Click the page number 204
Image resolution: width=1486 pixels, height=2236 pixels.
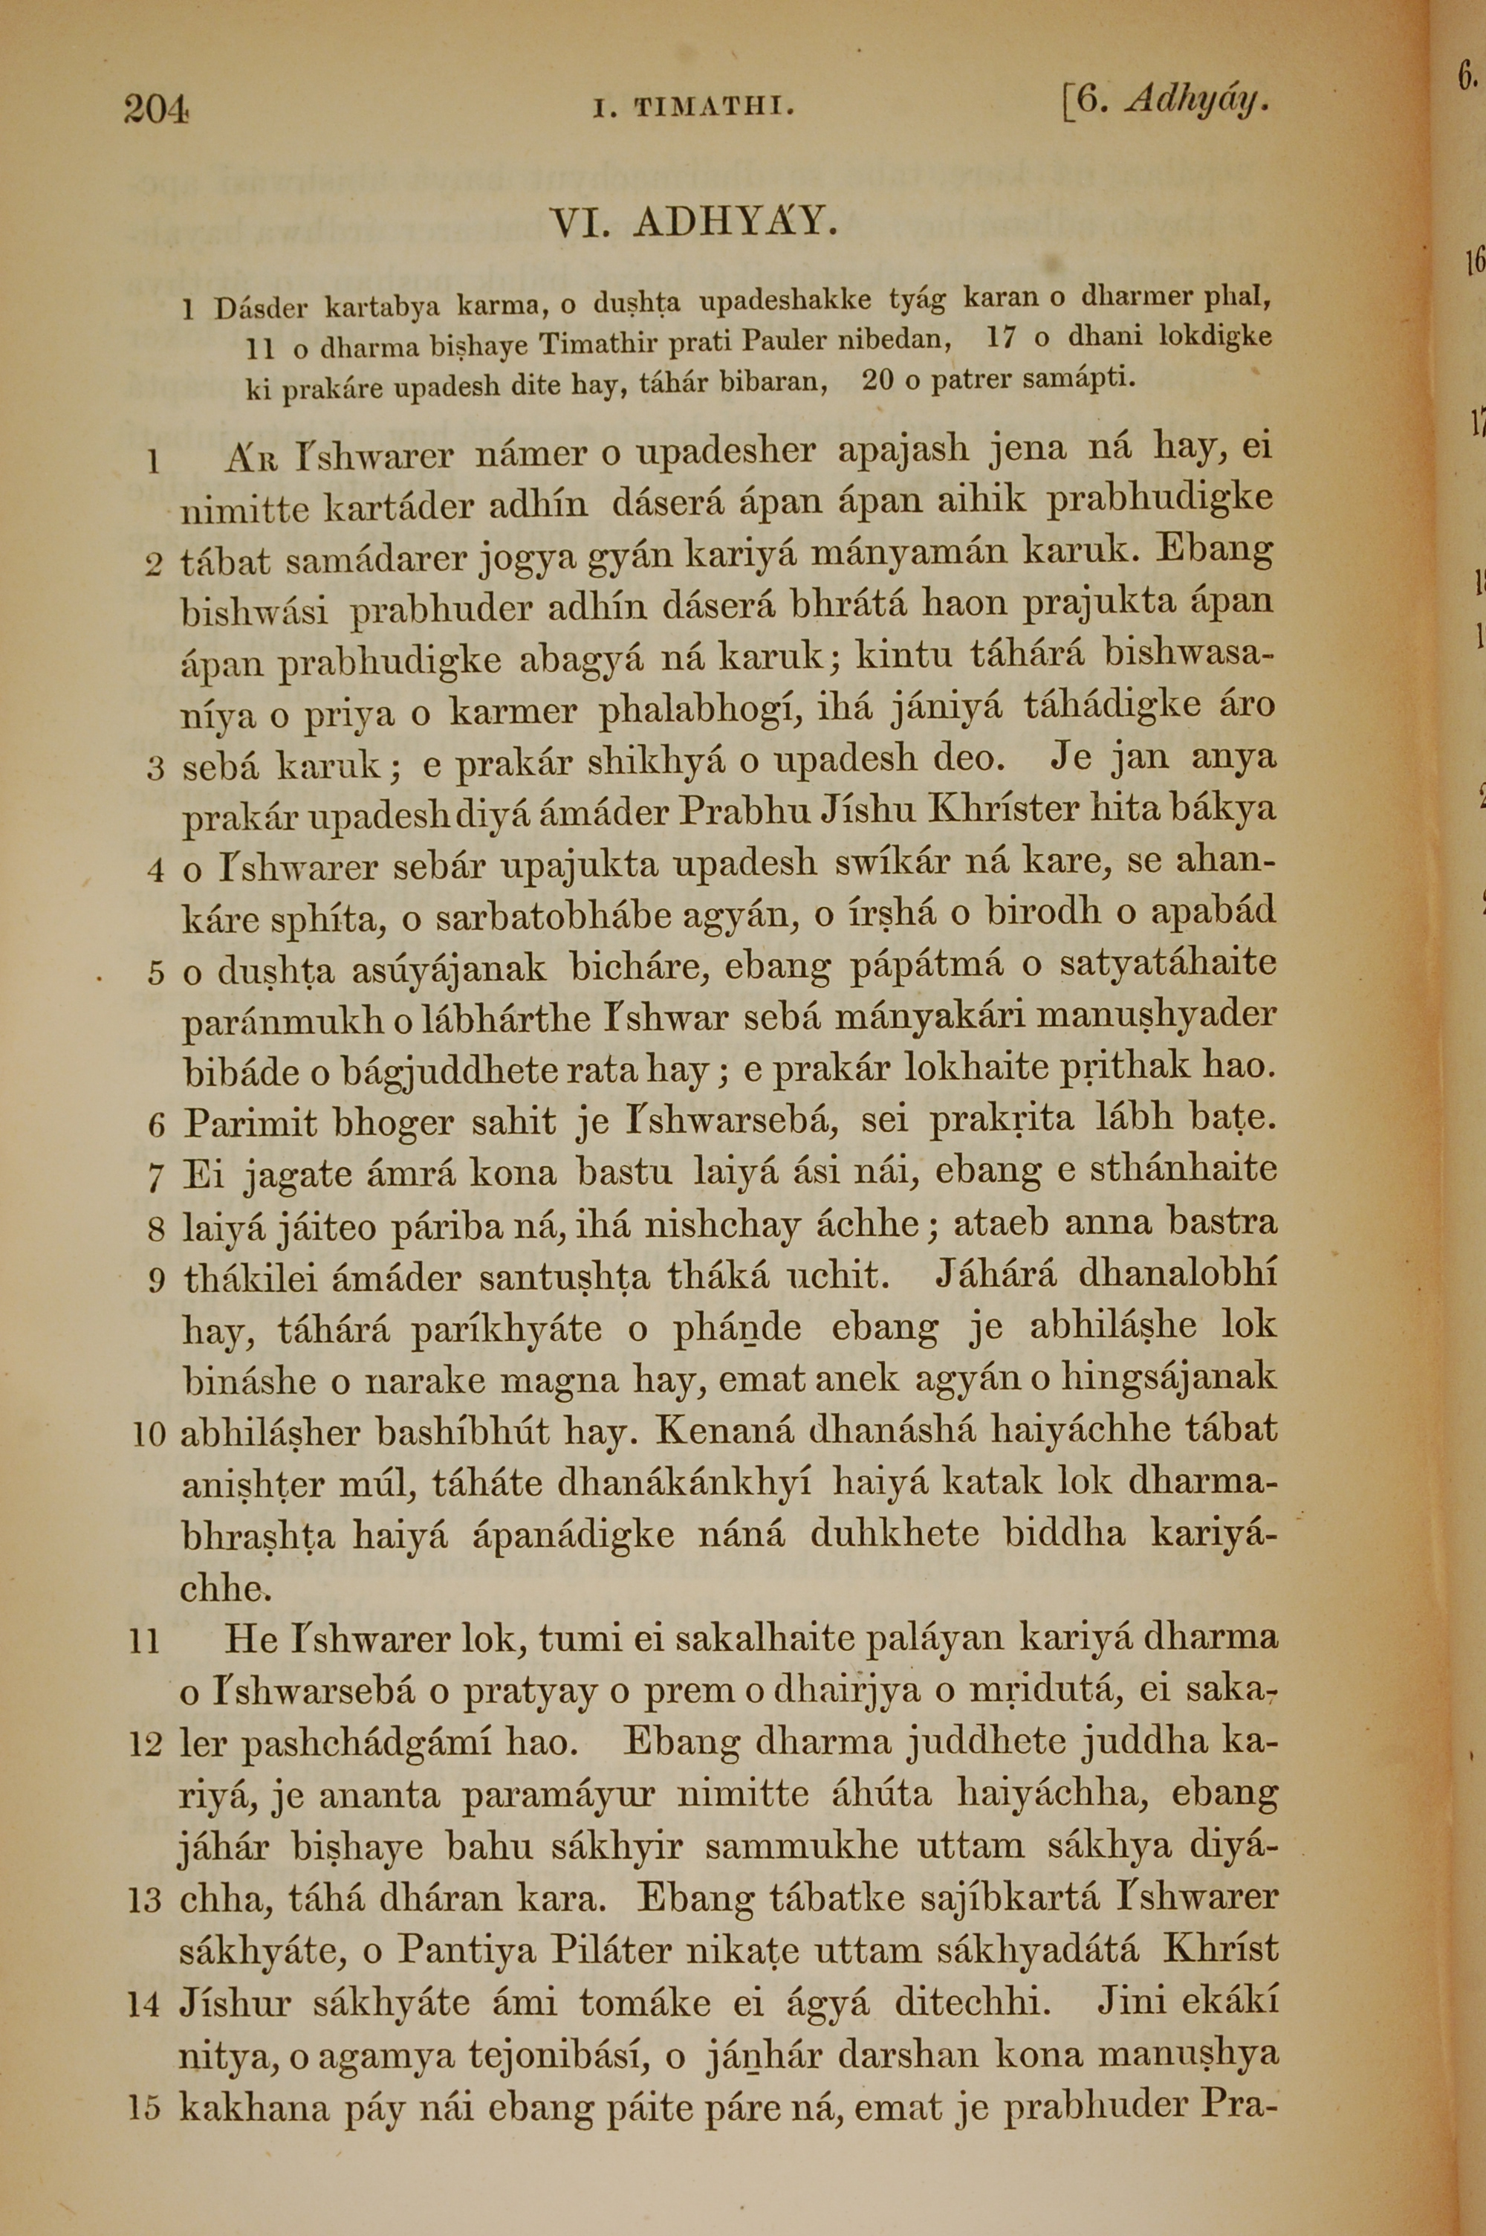coord(156,109)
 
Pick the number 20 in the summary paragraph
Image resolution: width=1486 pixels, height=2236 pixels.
coord(877,380)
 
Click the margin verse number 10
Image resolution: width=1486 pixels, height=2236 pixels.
coord(150,1434)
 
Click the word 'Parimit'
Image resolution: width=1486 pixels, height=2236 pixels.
coord(251,1123)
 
